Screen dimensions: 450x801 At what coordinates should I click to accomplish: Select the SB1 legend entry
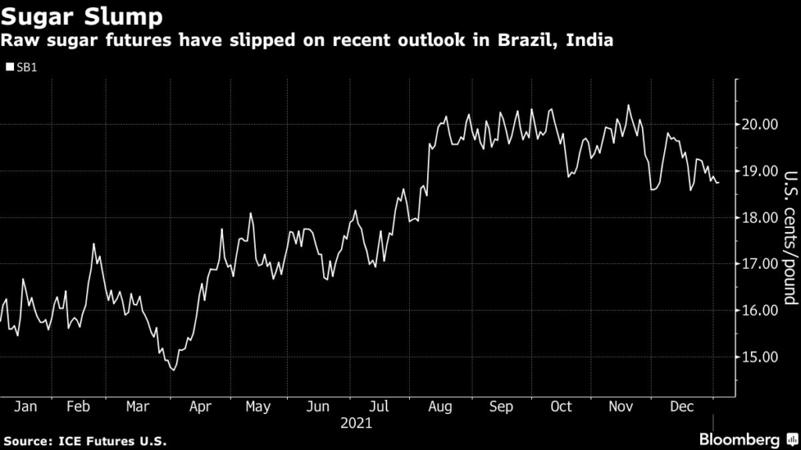coord(23,67)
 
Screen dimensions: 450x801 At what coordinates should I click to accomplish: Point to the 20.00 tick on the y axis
coord(759,124)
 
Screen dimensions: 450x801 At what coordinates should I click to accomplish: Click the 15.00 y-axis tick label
coord(759,357)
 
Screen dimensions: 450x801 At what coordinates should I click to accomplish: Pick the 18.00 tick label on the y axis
coord(759,217)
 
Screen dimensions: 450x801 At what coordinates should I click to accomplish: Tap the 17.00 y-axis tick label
coord(759,264)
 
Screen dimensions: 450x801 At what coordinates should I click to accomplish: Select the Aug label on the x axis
coord(441,407)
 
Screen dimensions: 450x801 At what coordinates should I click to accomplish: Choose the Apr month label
coord(200,407)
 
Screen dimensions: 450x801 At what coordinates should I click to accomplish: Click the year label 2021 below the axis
coord(356,424)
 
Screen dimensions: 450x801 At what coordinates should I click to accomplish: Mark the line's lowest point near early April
coord(172,370)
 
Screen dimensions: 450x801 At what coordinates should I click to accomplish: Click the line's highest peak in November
coord(628,105)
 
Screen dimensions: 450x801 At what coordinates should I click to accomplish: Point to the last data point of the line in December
coord(719,183)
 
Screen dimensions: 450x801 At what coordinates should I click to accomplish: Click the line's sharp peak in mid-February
coord(94,245)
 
